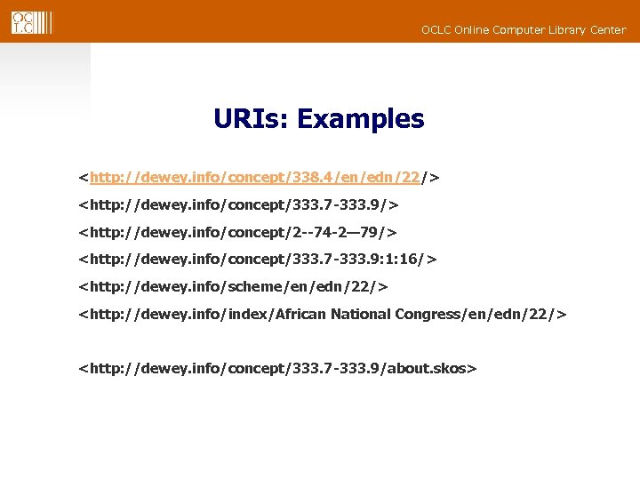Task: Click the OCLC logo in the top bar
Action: tap(31, 22)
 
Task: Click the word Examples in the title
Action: tap(361, 119)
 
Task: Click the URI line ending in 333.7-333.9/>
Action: tap(238, 205)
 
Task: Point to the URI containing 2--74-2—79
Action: tap(237, 232)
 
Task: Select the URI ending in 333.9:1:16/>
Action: tap(258, 259)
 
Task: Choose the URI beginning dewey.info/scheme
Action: tap(233, 286)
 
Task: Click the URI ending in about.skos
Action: tap(278, 367)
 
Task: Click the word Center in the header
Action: tap(607, 30)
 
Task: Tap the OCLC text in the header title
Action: tap(435, 30)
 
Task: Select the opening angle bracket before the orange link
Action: tap(84, 178)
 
